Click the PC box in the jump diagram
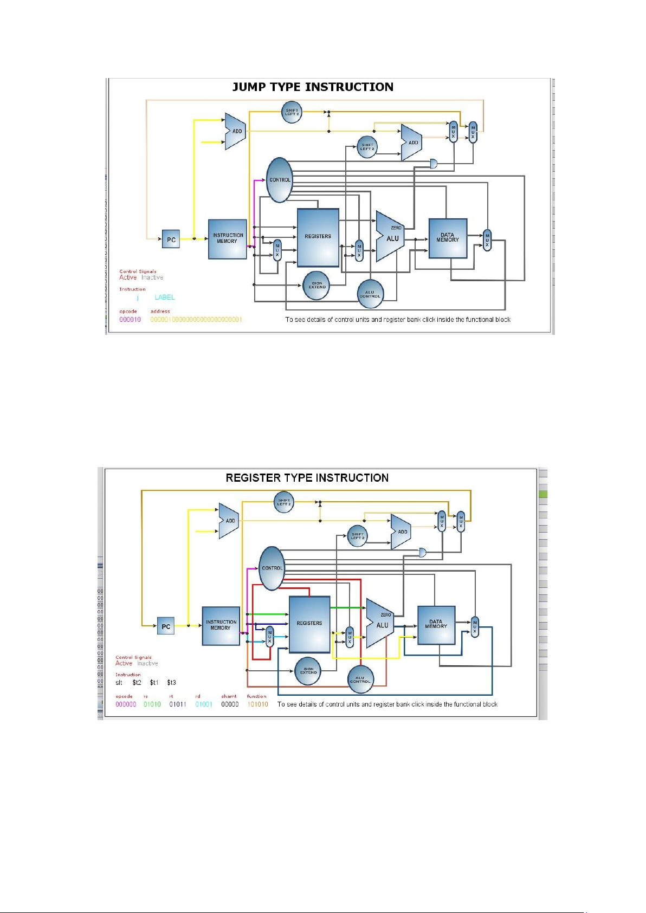tap(171, 239)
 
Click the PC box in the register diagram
tap(166, 626)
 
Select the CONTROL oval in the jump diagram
tap(280, 180)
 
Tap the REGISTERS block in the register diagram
tap(309, 624)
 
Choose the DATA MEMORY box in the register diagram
tap(436, 625)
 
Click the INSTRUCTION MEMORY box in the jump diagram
tap(228, 239)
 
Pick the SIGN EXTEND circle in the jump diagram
tap(317, 285)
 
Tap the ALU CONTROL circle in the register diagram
tap(360, 679)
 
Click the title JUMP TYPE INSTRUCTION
tap(313, 87)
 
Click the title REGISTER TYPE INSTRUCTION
tap(307, 478)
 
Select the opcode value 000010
tap(130, 320)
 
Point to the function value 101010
tap(257, 704)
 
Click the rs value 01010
tap(152, 704)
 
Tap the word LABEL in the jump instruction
tap(165, 297)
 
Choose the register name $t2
tap(137, 683)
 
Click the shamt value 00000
tap(230, 704)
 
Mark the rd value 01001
tap(204, 704)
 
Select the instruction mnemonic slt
tap(119, 683)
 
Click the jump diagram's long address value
tap(196, 320)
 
